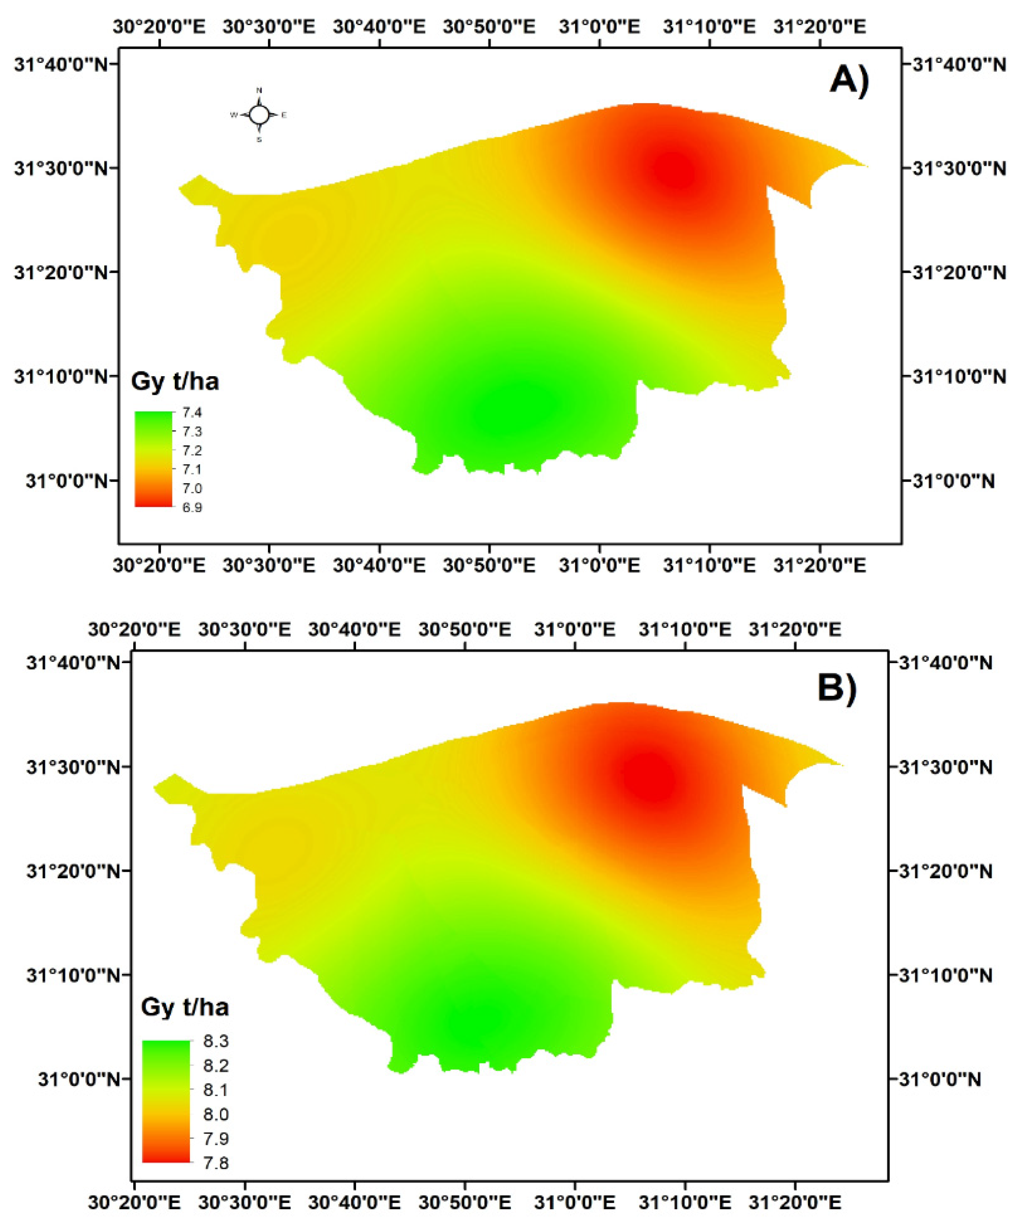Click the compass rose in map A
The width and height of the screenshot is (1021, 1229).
pyautogui.click(x=259, y=115)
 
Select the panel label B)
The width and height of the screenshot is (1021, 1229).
pyautogui.click(x=837, y=688)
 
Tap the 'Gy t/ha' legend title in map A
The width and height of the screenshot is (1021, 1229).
pyautogui.click(x=175, y=382)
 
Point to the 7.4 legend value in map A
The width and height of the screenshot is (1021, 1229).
pyautogui.click(x=192, y=413)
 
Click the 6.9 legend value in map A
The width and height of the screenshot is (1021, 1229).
pyautogui.click(x=192, y=507)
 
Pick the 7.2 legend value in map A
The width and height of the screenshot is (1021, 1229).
pyautogui.click(x=192, y=451)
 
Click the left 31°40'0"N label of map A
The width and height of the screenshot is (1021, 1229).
pyautogui.click(x=62, y=64)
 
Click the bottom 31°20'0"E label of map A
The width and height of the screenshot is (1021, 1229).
pyautogui.click(x=819, y=566)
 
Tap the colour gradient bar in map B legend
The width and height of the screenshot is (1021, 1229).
pyautogui.click(x=166, y=1101)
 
